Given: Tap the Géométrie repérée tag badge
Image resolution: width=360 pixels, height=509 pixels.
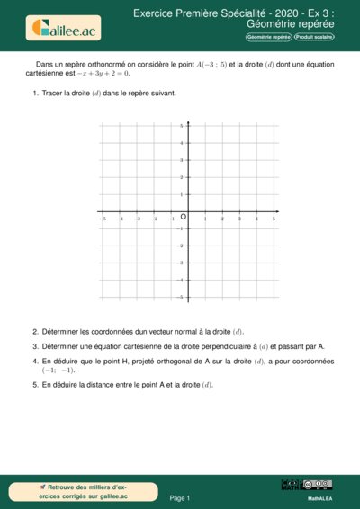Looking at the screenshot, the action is click(270, 37).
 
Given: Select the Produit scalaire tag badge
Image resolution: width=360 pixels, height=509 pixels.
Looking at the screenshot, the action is click(316, 37).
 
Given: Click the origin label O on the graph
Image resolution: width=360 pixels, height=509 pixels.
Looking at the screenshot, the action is click(183, 218).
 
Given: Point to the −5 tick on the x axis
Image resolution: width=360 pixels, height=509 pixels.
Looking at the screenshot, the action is click(103, 219).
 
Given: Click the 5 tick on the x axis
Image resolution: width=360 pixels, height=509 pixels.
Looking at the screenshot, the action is click(274, 219).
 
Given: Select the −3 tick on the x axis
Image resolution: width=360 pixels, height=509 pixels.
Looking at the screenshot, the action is click(137, 219).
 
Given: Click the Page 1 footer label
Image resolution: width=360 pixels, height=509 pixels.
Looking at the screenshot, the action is click(180, 497).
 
